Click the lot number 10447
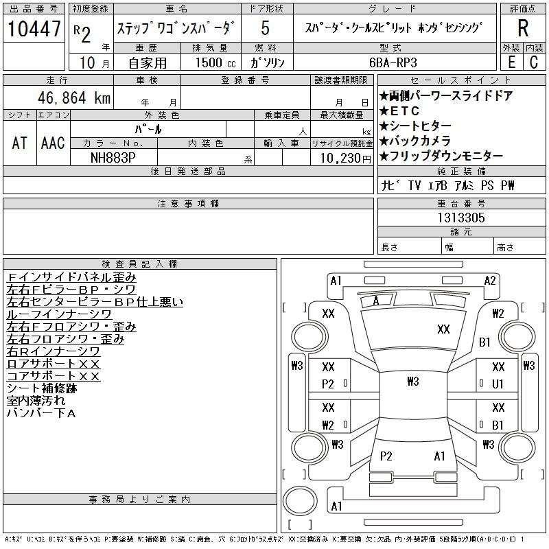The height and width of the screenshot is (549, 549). point(34,28)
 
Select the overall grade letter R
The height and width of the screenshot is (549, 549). point(523,28)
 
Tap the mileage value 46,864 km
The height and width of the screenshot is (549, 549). point(74,97)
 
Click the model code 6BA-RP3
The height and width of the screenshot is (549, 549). point(393,62)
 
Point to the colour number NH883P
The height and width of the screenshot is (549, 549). point(113,158)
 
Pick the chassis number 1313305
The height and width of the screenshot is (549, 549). point(461,218)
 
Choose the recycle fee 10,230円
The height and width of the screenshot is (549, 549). point(346,159)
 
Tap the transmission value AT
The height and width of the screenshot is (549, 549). point(19,143)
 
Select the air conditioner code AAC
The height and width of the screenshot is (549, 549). point(53,143)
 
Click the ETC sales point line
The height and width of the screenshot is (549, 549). point(399,111)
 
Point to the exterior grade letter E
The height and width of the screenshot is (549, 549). point(511,62)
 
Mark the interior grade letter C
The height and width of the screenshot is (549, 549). point(534,62)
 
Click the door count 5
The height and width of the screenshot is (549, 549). point(266,28)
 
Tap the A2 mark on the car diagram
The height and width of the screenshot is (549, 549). point(490,281)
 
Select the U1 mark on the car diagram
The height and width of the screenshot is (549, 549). point(498,384)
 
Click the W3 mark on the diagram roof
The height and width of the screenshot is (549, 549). point(413,381)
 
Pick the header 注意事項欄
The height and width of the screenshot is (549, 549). point(188,203)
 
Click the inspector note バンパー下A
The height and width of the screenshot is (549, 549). point(41,413)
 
